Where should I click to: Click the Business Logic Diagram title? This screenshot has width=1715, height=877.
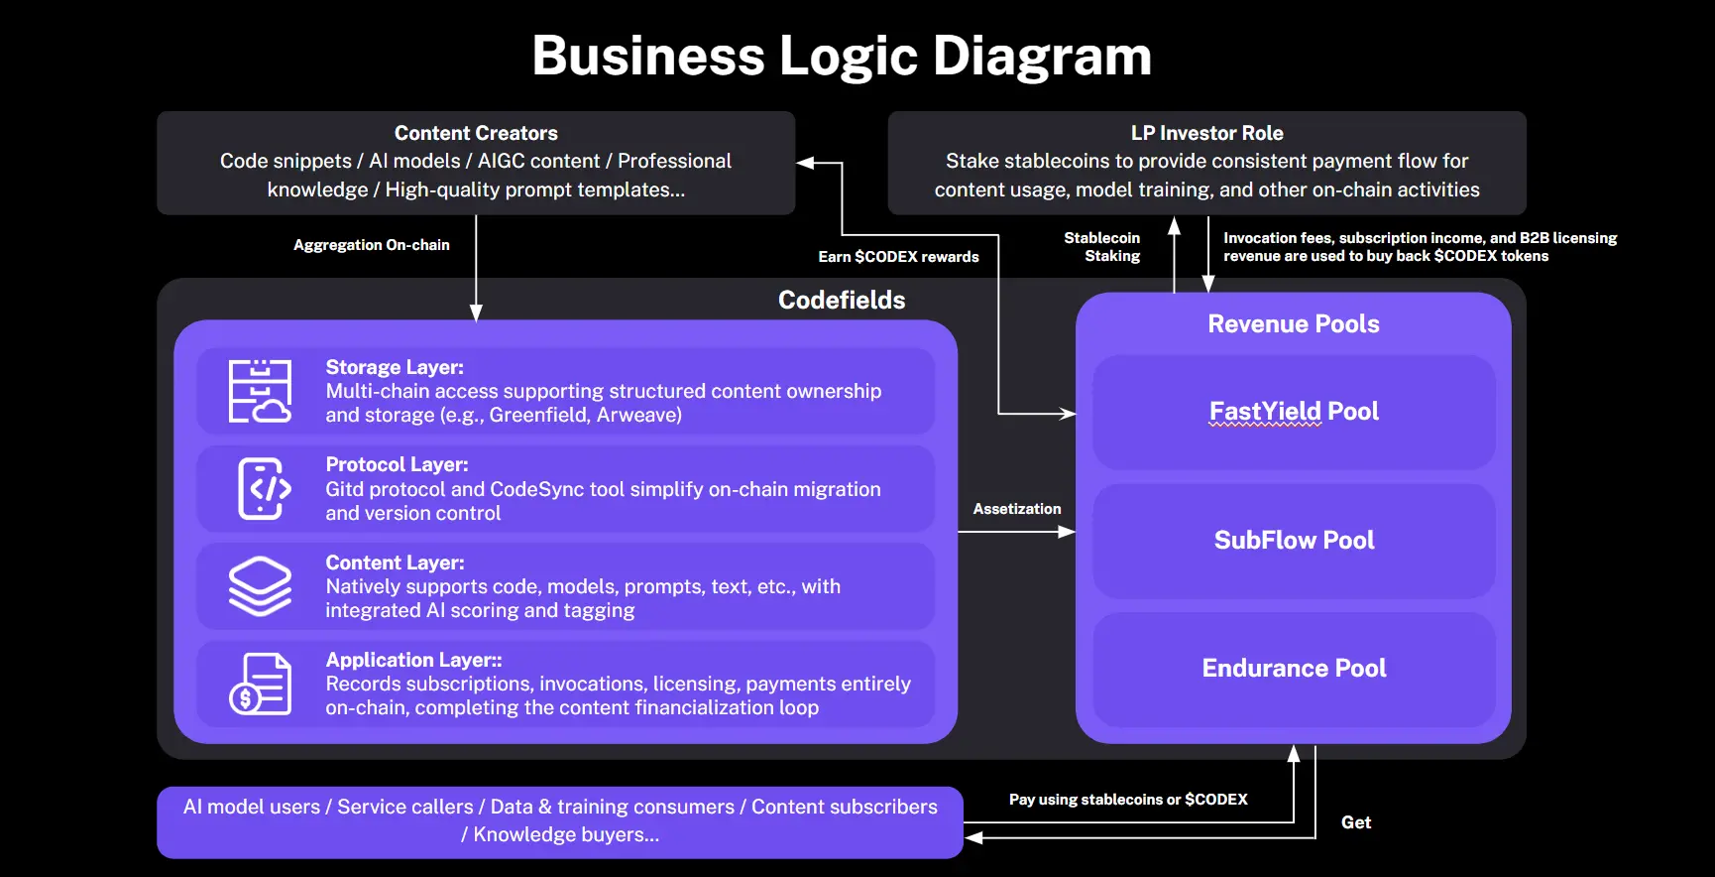(x=842, y=56)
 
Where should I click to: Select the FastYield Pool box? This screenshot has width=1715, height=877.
(x=1294, y=412)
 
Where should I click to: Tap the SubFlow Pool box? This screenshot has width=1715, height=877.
(x=1294, y=541)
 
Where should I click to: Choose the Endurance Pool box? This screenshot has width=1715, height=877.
(x=1294, y=669)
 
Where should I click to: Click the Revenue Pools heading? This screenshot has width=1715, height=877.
(x=1293, y=324)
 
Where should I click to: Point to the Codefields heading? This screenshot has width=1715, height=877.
(x=842, y=300)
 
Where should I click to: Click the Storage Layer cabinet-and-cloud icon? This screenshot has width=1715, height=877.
(x=260, y=391)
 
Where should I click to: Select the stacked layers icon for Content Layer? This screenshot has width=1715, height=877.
(x=260, y=585)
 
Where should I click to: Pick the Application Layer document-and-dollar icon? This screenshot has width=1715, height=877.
(x=260, y=684)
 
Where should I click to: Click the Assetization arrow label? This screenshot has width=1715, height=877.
(x=1017, y=509)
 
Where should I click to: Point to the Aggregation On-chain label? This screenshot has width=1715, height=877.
(x=372, y=245)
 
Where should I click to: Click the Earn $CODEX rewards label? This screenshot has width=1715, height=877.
(x=898, y=257)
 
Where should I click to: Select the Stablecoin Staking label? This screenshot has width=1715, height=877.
(x=1103, y=247)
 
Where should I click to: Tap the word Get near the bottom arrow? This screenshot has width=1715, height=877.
(x=1356, y=822)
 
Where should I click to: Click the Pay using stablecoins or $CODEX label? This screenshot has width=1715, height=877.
(x=1128, y=800)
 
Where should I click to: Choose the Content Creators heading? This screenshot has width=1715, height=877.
(x=476, y=133)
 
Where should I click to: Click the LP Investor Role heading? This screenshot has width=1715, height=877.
(x=1206, y=133)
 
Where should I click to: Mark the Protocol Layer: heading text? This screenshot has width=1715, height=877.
(x=397, y=464)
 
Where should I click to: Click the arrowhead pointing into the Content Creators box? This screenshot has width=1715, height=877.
(x=806, y=163)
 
